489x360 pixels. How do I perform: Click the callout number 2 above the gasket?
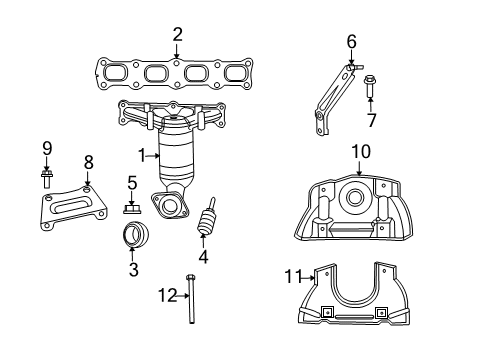tap(177, 35)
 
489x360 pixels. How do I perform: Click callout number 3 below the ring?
tap(132, 270)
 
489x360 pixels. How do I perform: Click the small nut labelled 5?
tap(131, 210)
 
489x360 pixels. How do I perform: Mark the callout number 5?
tap(131, 183)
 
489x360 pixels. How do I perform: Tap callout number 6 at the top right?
tap(351, 42)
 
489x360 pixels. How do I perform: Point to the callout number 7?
tap(371, 121)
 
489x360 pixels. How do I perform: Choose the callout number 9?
tap(46, 150)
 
